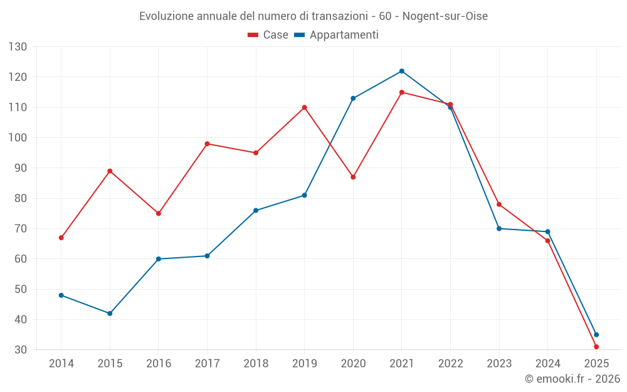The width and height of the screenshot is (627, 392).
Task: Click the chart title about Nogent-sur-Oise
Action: pos(313,16)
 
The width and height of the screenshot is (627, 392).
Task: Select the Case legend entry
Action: pos(268,35)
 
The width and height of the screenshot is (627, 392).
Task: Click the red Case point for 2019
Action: pos(304,107)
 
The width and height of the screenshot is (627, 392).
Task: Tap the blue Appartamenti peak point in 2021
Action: pos(402,71)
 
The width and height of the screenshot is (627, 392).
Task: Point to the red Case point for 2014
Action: pos(61,238)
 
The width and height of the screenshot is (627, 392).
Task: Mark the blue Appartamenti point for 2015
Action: pos(110,314)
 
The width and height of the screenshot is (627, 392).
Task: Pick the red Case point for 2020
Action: pos(353,177)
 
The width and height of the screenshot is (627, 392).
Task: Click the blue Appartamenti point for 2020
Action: pos(353,98)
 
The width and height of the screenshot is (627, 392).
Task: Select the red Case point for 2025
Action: pos(596,347)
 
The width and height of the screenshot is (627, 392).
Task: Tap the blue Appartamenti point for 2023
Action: pos(499,228)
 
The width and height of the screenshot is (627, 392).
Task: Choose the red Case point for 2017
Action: pos(207,144)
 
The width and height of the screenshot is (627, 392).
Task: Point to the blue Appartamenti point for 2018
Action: pos(256,211)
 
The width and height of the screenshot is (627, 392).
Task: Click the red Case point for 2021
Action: pos(402,92)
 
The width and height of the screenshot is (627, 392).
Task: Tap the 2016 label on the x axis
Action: pos(158,364)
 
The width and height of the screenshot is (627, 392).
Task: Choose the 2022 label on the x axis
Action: pos(450,364)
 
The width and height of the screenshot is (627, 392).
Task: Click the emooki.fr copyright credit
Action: pos(572,379)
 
